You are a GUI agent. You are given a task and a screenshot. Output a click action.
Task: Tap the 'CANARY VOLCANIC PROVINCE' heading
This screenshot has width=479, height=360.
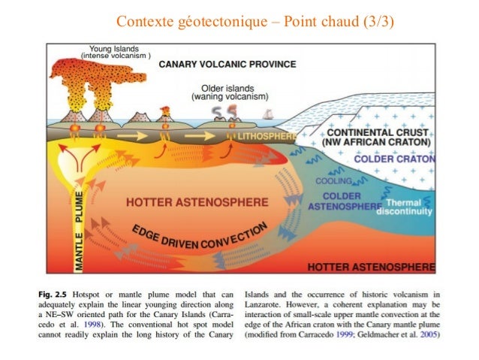point(227,64)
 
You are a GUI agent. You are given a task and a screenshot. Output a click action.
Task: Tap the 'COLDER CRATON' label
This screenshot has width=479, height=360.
point(391,159)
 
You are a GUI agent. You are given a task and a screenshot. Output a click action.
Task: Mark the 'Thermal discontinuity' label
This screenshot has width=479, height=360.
point(408,207)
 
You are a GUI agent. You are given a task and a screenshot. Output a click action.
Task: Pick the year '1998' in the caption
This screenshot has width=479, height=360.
point(104,324)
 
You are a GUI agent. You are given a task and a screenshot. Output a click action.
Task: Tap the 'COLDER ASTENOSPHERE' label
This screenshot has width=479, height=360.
point(346,198)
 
